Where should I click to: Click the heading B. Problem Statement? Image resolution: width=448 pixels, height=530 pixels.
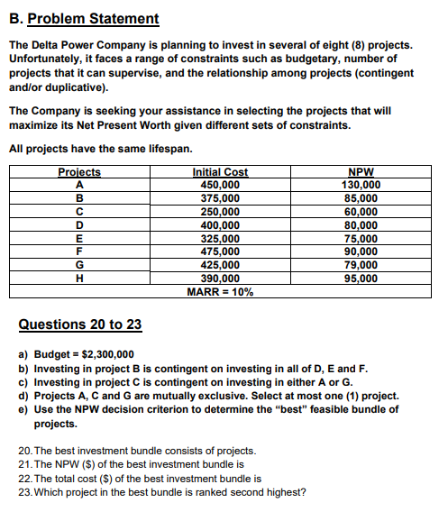tap(84, 18)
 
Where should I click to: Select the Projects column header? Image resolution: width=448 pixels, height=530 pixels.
tap(79, 172)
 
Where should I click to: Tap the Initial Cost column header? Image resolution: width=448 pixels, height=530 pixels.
tap(220, 172)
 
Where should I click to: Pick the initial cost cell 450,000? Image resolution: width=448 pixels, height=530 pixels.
tap(220, 184)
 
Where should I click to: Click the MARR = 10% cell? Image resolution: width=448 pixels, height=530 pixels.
tap(220, 292)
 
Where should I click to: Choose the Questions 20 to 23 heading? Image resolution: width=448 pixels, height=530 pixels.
tap(80, 324)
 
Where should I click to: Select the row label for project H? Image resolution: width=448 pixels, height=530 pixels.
tap(79, 279)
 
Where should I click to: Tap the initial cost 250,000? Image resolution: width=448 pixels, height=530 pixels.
tap(220, 211)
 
